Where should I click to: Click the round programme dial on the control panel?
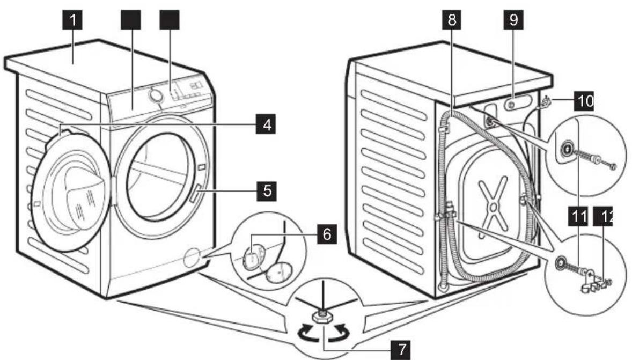[155, 94]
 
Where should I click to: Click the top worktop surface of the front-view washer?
[102, 67]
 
